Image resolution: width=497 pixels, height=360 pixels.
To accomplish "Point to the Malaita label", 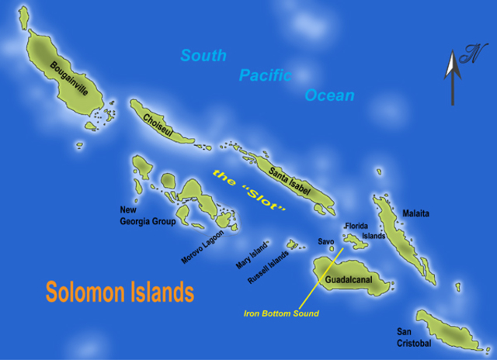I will coord(416,213).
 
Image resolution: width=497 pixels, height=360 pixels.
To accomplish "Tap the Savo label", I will coord(325,241).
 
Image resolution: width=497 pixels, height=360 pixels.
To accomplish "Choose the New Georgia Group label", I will coord(148,215).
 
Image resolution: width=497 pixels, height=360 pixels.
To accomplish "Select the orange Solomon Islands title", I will coord(120,292).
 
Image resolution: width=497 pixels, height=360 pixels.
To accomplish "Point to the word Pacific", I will coord(266,76).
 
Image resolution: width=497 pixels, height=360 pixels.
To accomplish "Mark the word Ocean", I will coord(329,95).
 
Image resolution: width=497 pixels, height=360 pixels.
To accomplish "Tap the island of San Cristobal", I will coord(450,330).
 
